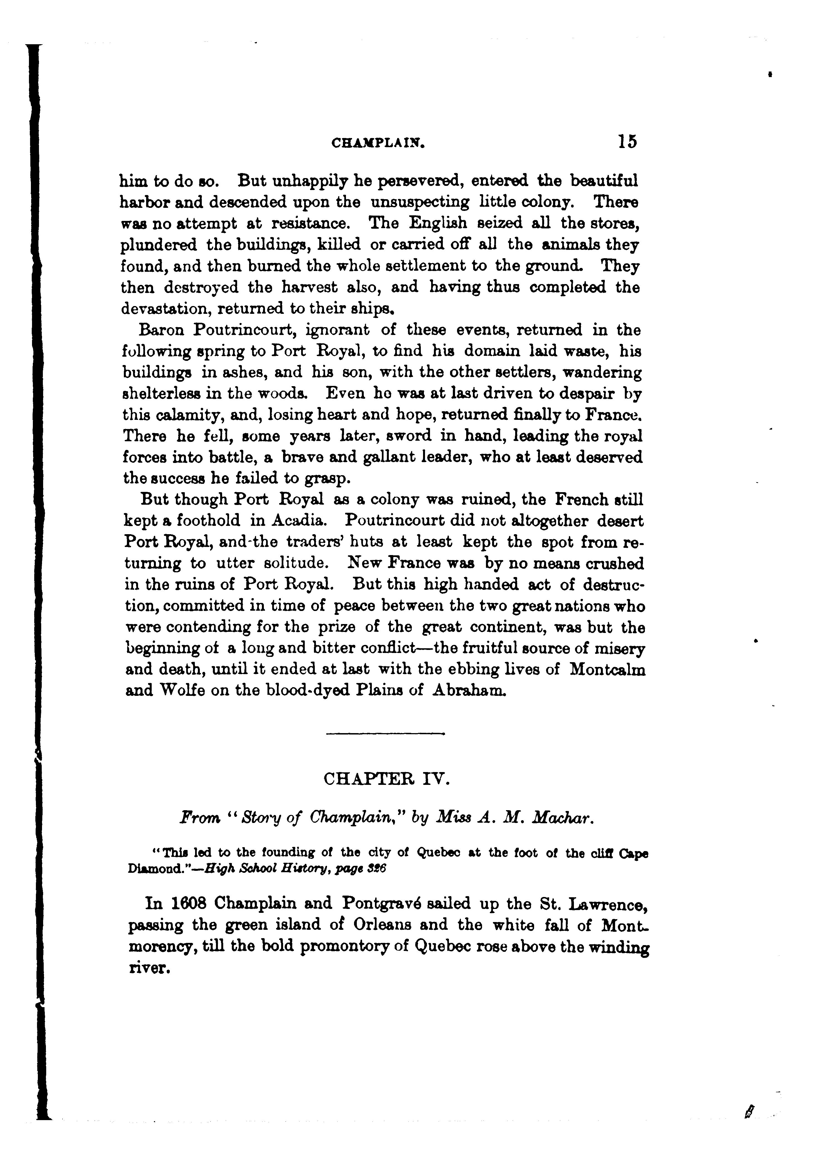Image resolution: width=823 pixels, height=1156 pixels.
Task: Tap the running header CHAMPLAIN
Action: (378, 144)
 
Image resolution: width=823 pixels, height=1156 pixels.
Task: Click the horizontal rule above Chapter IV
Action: (385, 733)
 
